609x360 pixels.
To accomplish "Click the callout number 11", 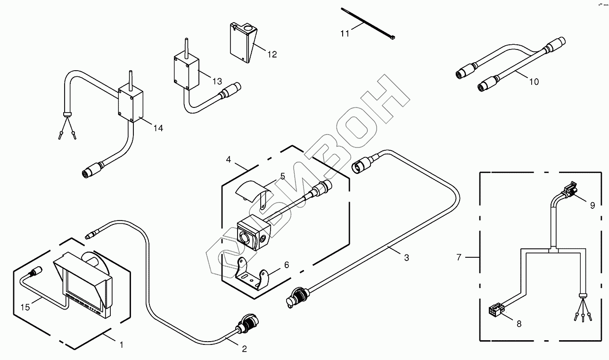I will point(346,33).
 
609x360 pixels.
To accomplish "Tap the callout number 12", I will point(272,54).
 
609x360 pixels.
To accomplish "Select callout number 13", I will point(217,82).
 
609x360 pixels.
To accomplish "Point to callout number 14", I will point(158,128).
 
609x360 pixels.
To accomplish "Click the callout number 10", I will point(534,82).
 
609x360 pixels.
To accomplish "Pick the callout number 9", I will point(593,205).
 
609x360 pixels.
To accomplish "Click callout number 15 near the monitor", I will point(25,308).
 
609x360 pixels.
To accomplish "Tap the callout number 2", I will point(244,349).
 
